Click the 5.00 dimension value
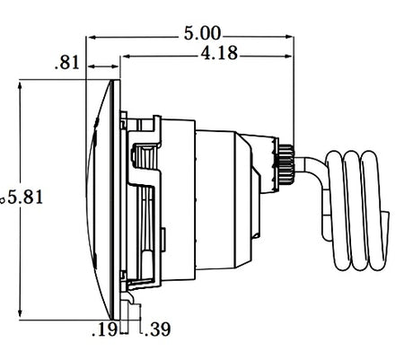[x=203, y=36]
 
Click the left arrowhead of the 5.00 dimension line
[x=90, y=38]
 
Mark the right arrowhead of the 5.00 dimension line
[x=292, y=38]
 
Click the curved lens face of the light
[x=101, y=198]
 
